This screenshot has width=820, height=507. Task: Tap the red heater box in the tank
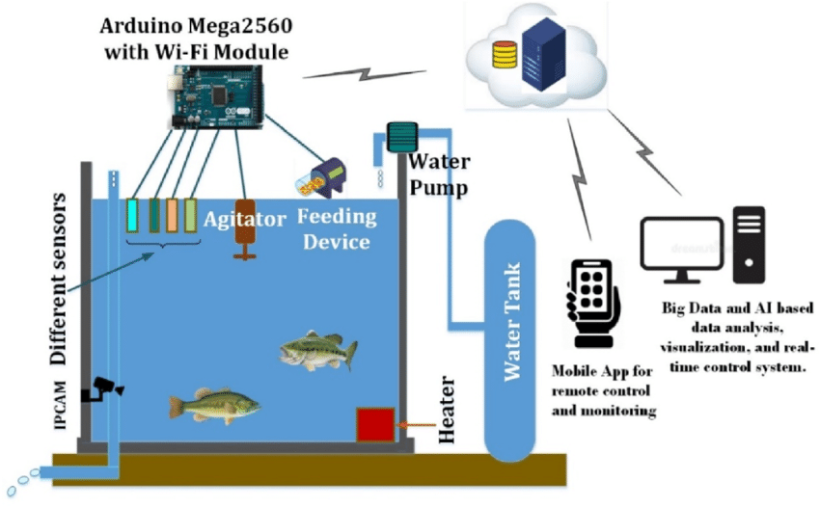[374, 424]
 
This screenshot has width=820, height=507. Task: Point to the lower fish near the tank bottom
[214, 405]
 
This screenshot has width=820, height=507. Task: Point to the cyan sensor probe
[134, 215]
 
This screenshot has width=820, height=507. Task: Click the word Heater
[445, 411]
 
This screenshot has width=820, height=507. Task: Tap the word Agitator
[245, 219]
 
